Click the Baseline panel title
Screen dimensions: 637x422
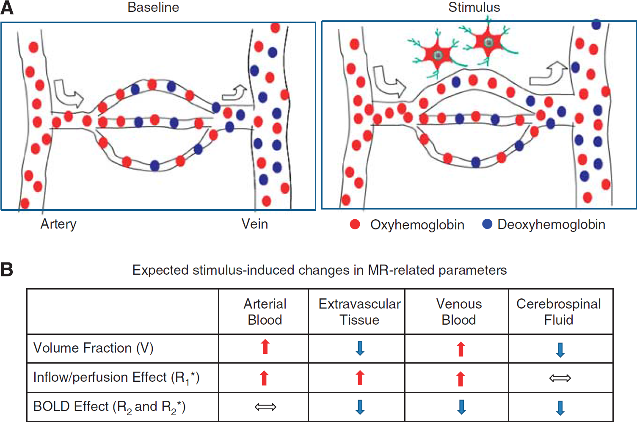tap(153, 7)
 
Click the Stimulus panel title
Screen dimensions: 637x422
tap(474, 7)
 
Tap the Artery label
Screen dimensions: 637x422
tap(58, 224)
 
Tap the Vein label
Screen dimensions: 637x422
tap(255, 224)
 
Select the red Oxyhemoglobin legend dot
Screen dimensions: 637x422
tap(355, 224)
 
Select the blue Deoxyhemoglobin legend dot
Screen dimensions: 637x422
tap(487, 224)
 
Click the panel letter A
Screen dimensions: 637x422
tap(7, 8)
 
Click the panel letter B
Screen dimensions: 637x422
tap(7, 270)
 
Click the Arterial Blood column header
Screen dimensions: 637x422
tap(265, 312)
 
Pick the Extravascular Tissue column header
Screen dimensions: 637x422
tap(359, 312)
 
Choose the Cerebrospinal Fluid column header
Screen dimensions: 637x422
tap(559, 312)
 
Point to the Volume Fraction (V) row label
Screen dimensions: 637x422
tap(93, 348)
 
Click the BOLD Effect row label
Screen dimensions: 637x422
tap(110, 407)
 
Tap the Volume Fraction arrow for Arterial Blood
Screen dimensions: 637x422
tap(265, 347)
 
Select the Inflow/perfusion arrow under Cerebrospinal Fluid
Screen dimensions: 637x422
tap(560, 378)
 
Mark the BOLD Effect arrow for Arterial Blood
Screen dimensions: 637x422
tap(265, 407)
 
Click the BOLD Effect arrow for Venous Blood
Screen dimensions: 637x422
tap(461, 407)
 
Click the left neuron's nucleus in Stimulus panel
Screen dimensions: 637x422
tap(438, 55)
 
